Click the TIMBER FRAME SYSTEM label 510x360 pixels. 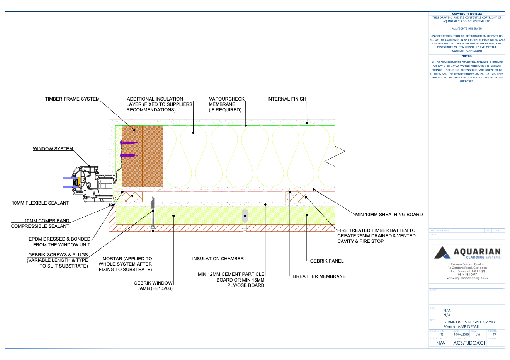(72, 99)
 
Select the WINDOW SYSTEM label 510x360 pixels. (53, 149)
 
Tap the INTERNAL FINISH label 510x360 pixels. (287, 99)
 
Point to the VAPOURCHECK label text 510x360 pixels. (227, 99)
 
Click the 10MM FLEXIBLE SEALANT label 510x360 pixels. (40, 203)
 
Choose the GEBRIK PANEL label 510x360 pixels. (327, 261)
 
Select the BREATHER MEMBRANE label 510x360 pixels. (319, 276)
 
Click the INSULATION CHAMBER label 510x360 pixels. (218, 259)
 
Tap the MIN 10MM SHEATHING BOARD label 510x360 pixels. (389, 215)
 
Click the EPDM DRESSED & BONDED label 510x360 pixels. (59, 239)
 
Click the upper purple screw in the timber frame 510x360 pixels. (129, 143)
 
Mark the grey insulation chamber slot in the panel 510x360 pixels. (245, 216)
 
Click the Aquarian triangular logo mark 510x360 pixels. (442, 253)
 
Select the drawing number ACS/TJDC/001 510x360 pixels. (469, 343)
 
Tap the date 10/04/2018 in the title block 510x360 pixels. (461, 334)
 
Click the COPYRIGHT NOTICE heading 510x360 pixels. (467, 14)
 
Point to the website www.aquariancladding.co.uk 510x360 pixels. (467, 278)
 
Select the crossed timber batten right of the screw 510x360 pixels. (296, 197)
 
